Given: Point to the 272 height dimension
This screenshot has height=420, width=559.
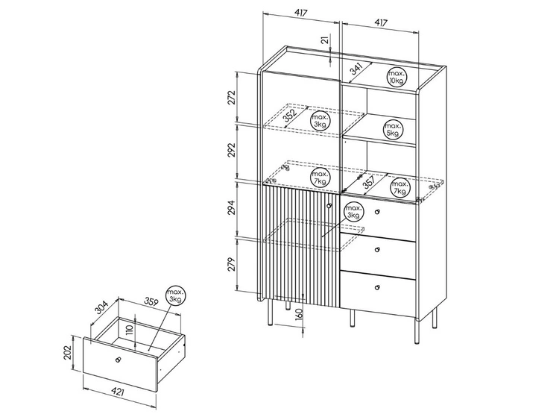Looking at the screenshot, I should pyautogui.click(x=232, y=98).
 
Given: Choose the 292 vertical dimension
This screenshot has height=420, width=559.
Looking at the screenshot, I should pyautogui.click(x=232, y=152).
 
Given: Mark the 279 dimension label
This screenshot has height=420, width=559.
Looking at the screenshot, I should pyautogui.click(x=232, y=264).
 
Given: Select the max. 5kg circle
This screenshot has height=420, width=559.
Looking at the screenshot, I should pyautogui.click(x=394, y=130).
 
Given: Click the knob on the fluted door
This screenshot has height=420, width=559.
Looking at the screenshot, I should pyautogui.click(x=329, y=205).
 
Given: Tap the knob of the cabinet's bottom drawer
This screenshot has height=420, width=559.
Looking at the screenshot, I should pyautogui.click(x=377, y=286).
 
